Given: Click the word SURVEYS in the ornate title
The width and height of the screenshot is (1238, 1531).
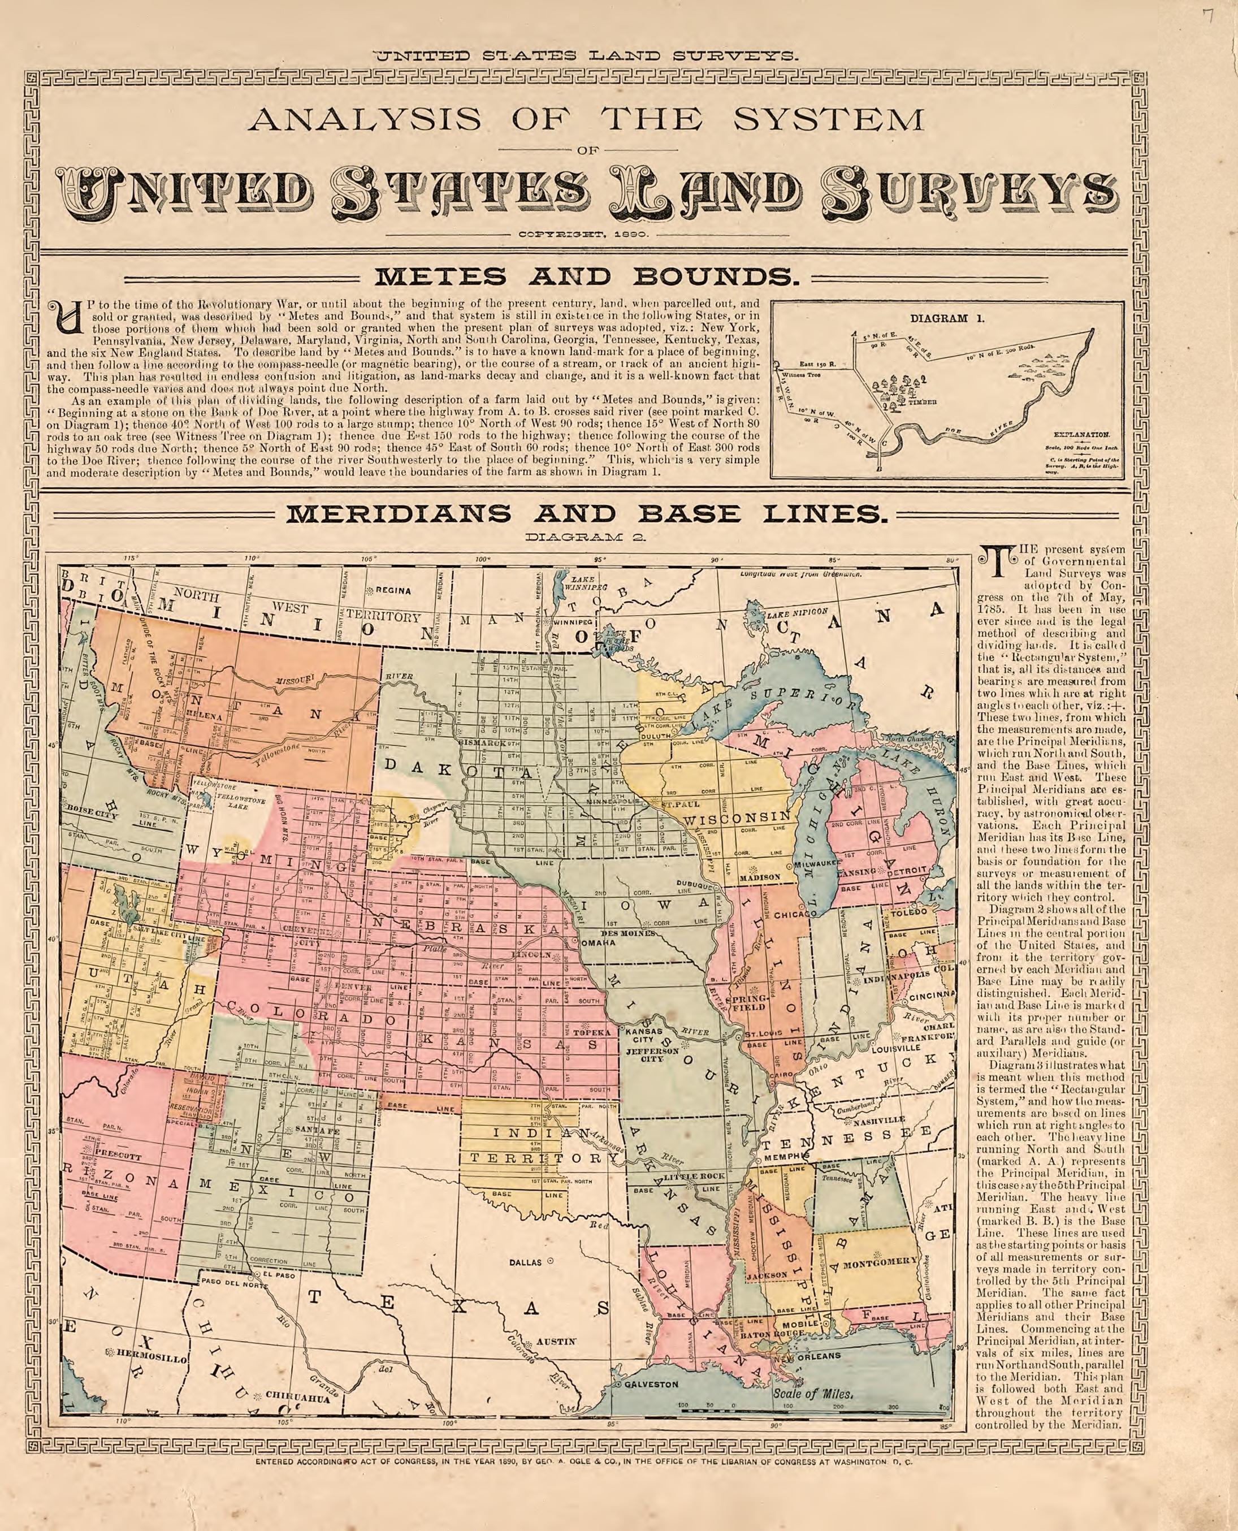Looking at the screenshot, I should click(971, 194).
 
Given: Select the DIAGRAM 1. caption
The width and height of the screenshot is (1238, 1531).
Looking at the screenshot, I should click(946, 319).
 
